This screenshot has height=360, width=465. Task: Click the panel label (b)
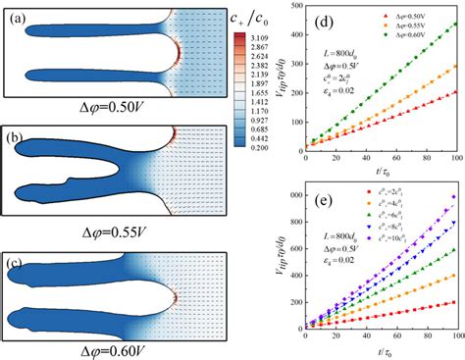15,139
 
